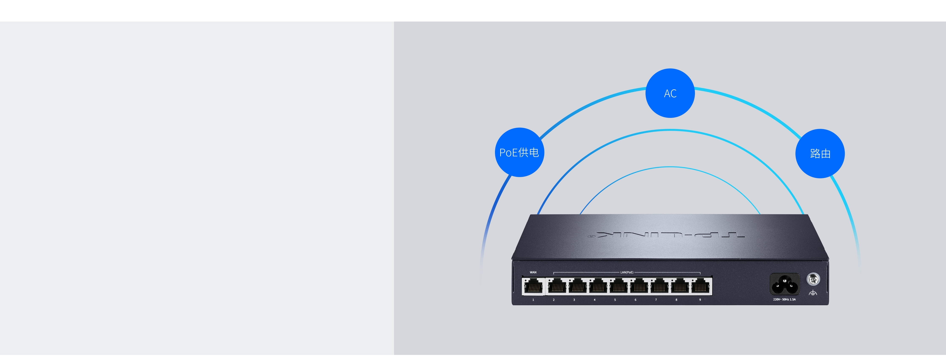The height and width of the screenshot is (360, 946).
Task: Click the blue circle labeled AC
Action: coord(670,93)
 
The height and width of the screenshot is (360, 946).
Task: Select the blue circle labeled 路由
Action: coord(820,154)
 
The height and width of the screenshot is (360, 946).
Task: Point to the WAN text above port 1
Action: coord(533,272)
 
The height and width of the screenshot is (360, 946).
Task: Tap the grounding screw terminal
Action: coord(813,279)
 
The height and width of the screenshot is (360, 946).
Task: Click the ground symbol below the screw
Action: coord(813,293)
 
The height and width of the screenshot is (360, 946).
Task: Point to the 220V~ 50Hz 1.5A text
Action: coord(784,299)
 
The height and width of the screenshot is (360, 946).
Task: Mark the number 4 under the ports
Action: coord(595,300)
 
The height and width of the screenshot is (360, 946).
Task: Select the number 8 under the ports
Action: coord(676,300)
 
